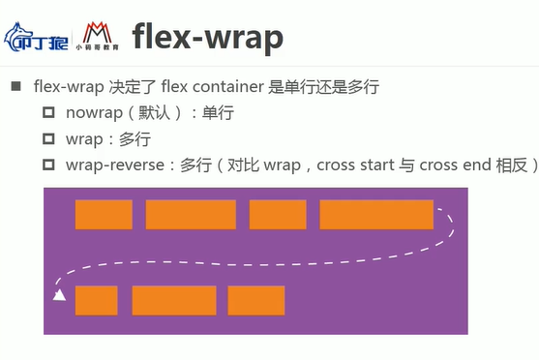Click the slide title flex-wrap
pos(207,39)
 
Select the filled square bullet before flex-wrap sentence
pos(15,87)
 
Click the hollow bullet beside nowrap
pos(48,113)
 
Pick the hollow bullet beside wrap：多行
pos(48,139)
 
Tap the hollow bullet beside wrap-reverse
pos(48,165)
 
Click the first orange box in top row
pos(104,215)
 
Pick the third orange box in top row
pos(278,215)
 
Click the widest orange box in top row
pos(375,215)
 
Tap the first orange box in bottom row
pos(96,300)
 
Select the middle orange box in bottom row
pos(173,300)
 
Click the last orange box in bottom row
pos(256,300)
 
